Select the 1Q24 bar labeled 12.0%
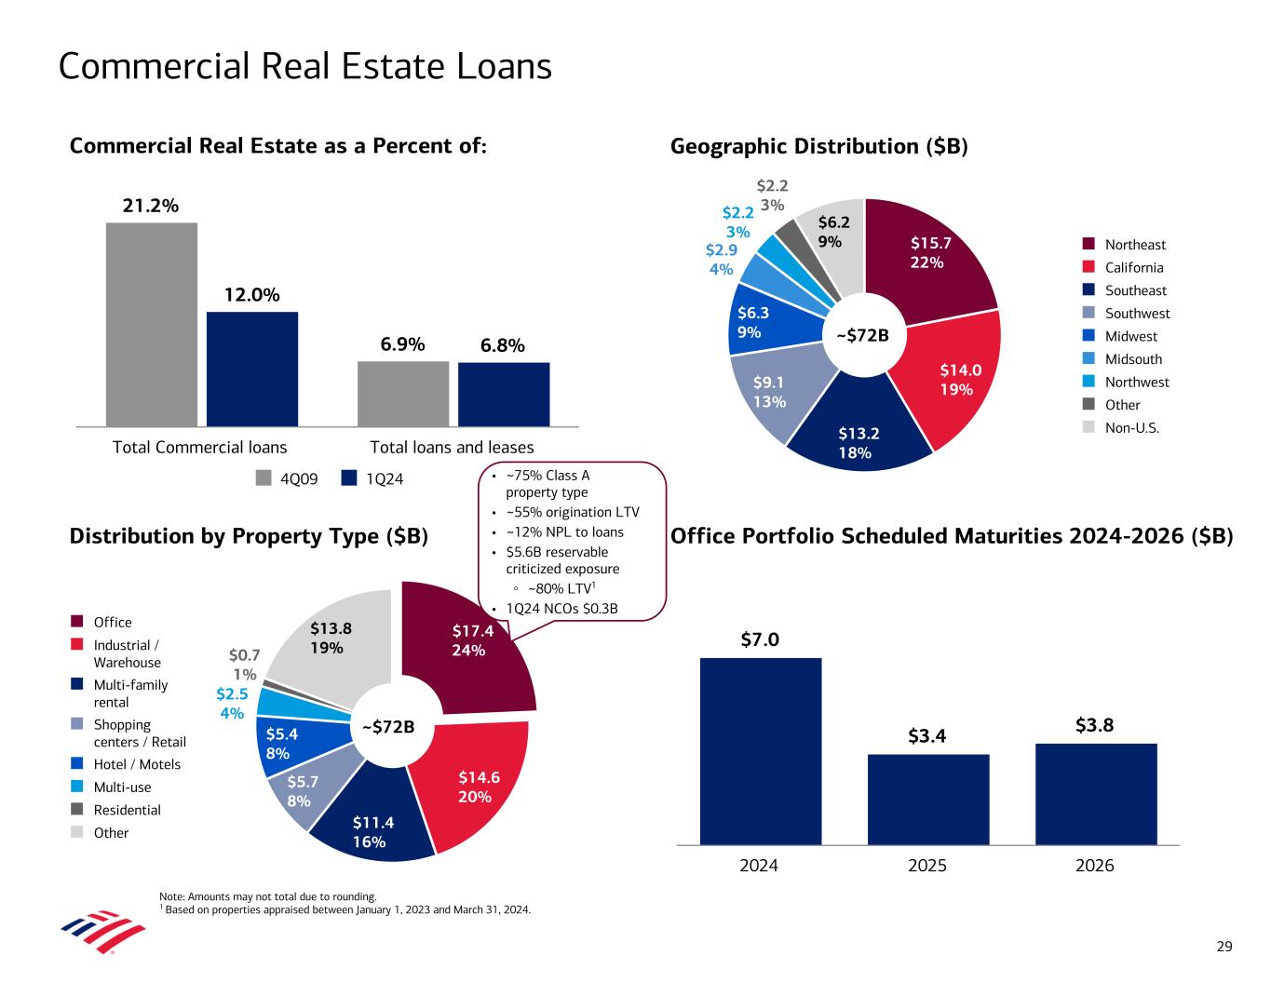252,369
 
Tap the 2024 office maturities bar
760,751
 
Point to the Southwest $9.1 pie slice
769,391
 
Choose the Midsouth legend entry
1132,359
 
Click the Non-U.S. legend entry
1131,428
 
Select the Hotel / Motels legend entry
137,764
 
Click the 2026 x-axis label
1095,866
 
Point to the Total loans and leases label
453,447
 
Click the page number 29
1224,947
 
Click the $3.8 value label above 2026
1096,724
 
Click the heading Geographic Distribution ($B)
819,146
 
